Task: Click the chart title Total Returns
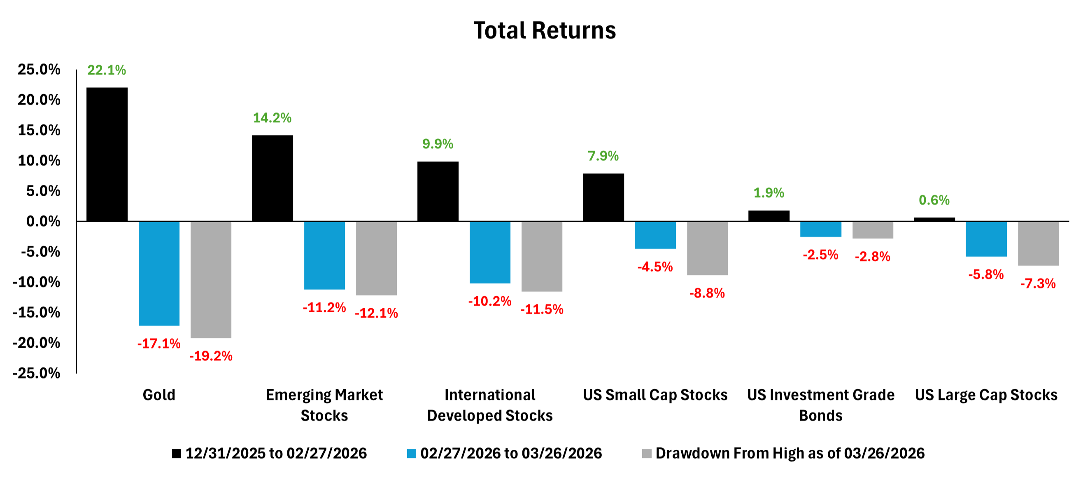545,30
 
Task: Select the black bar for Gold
107,154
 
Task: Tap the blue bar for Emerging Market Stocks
324,255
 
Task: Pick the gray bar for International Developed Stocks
542,256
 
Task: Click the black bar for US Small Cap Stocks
603,197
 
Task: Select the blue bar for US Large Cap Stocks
986,239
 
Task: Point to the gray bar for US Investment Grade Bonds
873,230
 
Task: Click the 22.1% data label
107,70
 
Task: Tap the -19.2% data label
211,356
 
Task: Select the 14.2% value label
272,118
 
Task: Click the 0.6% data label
934,200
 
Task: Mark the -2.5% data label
820,255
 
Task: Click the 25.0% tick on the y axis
39,70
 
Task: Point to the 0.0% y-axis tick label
43,221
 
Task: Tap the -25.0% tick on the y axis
36,373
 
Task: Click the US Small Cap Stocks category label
655,395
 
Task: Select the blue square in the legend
411,453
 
